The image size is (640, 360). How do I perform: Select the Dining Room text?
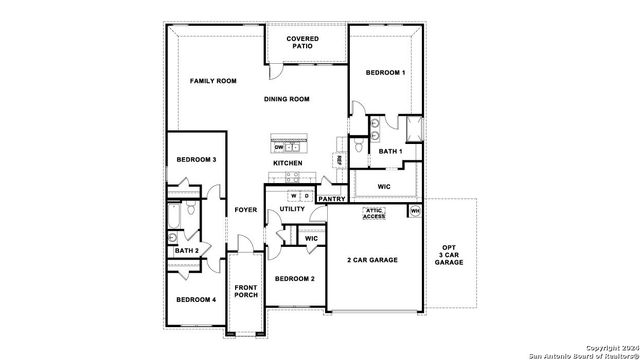click(287, 99)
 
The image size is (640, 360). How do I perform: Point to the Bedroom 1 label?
click(385, 73)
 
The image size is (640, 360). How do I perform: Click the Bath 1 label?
click(390, 151)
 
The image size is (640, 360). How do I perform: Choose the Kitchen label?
click(288, 162)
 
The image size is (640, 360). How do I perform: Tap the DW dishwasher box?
click(278, 147)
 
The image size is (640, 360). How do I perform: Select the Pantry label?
click(331, 199)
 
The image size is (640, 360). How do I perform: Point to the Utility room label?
click(292, 209)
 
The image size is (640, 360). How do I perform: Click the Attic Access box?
click(373, 213)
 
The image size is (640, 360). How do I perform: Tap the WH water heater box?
click(415, 211)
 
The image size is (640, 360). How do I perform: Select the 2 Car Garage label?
click(372, 260)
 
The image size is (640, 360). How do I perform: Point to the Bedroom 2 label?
click(295, 278)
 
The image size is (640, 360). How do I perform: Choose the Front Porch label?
click(245, 291)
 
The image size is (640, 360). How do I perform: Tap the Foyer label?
click(245, 210)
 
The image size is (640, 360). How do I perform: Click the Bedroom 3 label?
click(197, 160)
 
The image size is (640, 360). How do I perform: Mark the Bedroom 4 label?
click(196, 300)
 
